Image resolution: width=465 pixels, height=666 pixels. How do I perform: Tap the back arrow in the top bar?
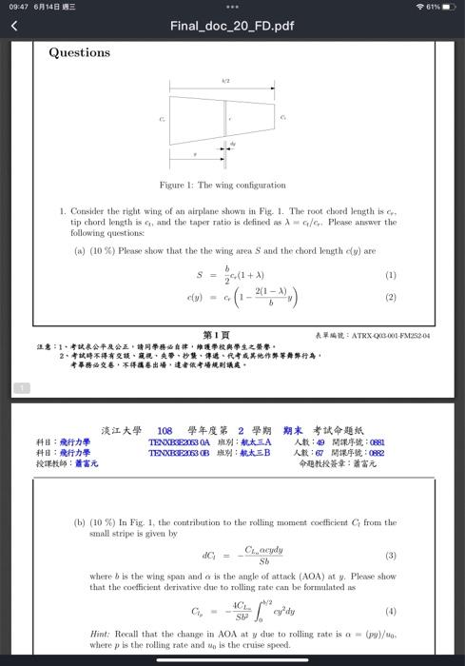tap(14, 26)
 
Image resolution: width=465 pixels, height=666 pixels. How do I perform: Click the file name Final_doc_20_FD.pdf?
tap(232, 26)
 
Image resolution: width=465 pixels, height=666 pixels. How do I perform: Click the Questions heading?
tap(80, 52)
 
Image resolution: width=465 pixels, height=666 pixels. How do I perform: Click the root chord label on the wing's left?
tap(162, 119)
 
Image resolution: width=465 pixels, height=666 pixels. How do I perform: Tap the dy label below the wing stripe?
tap(233, 144)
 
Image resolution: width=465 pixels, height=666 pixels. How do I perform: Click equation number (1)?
tap(390, 275)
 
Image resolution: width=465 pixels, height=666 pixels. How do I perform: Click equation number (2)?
tap(390, 297)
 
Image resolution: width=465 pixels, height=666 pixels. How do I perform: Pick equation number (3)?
tap(390, 556)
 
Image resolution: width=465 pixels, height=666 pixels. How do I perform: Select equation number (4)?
tap(390, 611)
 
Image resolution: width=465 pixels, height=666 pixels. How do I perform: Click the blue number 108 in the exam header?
tap(165, 431)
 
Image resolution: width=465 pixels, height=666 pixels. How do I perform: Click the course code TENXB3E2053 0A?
tap(179, 442)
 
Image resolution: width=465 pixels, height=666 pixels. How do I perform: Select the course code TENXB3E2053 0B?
tap(179, 453)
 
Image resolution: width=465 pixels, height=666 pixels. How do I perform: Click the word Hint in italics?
tap(100, 633)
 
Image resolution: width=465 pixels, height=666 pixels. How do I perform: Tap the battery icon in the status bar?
tap(449, 7)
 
